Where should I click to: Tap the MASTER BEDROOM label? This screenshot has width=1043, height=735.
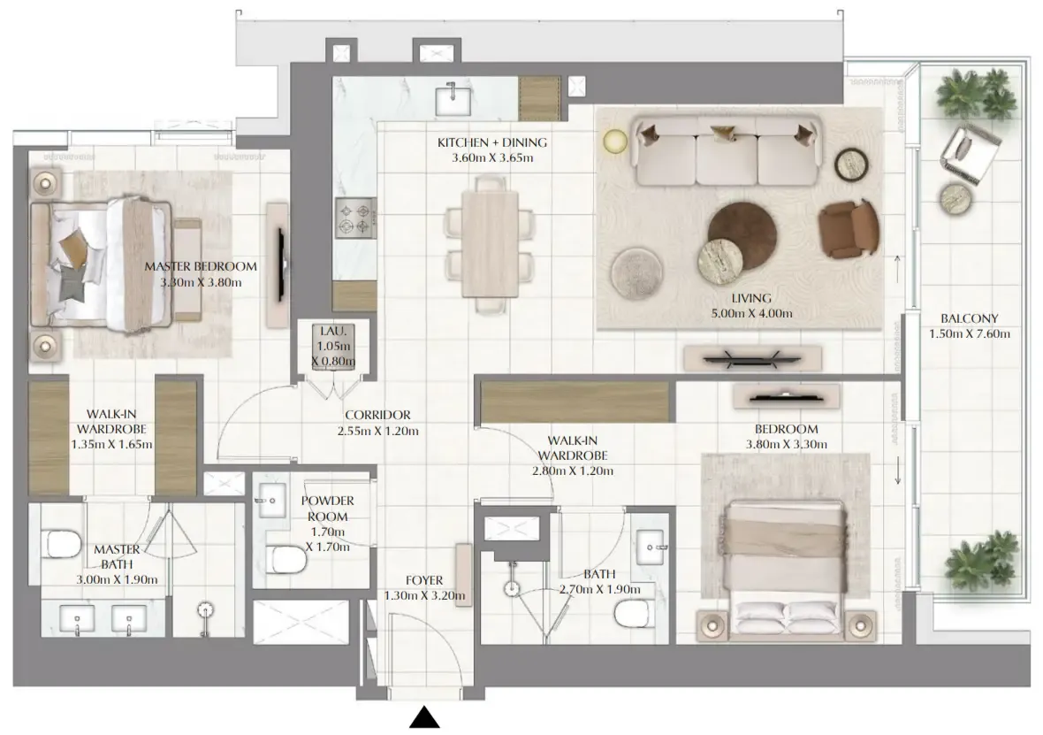pyautogui.click(x=201, y=266)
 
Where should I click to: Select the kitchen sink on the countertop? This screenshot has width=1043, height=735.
pyautogui.click(x=453, y=101)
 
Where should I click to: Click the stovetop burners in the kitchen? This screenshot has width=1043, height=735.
pyautogui.click(x=355, y=218)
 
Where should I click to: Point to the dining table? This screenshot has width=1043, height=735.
pyautogui.click(x=490, y=243)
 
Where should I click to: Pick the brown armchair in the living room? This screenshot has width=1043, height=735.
pyautogui.click(x=849, y=228)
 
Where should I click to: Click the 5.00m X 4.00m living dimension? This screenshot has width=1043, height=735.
pyautogui.click(x=751, y=314)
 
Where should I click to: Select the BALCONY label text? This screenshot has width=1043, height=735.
pyautogui.click(x=969, y=318)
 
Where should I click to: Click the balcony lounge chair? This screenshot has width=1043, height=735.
pyautogui.click(x=969, y=155)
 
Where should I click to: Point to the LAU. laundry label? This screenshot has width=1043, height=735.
pyautogui.click(x=332, y=331)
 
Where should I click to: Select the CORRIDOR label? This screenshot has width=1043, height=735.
pyautogui.click(x=377, y=415)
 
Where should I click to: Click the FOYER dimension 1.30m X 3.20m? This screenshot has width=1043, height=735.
pyautogui.click(x=424, y=596)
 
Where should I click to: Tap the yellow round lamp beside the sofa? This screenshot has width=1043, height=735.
pyautogui.click(x=615, y=141)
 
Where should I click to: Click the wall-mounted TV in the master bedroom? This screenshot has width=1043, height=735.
pyautogui.click(x=281, y=264)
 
